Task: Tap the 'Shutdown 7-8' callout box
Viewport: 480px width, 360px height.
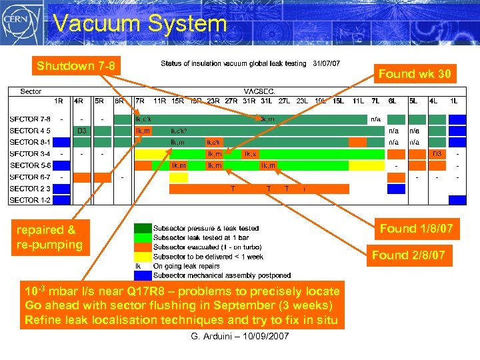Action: [x=76, y=65]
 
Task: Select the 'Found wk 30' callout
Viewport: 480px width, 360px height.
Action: [x=416, y=74]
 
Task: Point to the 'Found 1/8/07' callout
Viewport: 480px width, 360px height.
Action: [x=416, y=229]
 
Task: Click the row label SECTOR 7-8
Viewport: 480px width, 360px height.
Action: [x=30, y=119]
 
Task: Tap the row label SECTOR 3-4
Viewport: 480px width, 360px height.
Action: [x=30, y=153]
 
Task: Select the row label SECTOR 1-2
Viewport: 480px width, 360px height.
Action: [x=30, y=200]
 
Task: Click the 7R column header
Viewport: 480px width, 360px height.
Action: [x=140, y=101]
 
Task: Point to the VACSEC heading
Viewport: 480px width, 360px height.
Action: [x=259, y=91]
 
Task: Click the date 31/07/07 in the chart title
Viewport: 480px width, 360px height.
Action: [x=326, y=64]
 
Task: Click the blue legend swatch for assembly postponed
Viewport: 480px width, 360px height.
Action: [x=142, y=275]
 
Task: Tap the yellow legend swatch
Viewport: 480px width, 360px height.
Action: [x=142, y=256]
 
